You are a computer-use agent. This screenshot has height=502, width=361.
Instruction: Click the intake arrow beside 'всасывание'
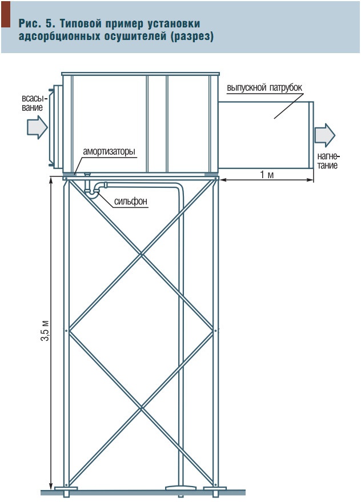coord(37,127)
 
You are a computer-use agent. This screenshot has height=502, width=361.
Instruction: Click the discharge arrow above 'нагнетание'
coord(324,135)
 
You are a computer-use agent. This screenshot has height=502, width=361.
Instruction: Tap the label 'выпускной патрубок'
coord(263,88)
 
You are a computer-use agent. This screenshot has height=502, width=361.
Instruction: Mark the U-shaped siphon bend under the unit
coord(92,191)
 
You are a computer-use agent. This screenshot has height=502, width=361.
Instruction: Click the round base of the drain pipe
coord(181,488)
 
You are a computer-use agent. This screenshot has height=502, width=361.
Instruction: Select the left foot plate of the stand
coord(66,489)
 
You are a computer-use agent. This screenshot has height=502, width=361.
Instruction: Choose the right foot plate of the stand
coord(216,489)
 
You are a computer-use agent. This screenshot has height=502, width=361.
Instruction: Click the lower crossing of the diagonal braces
coord(142,407)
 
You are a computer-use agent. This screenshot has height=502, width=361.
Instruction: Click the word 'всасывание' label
coord(34,102)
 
